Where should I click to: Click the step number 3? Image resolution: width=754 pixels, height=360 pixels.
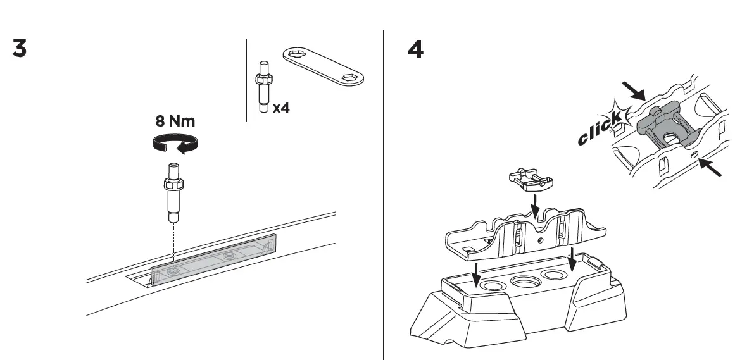20,49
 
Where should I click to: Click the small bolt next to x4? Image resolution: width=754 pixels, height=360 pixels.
263,86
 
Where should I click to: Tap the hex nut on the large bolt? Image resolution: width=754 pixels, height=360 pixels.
174,185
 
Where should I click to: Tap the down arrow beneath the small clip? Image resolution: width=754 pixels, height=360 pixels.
535,205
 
